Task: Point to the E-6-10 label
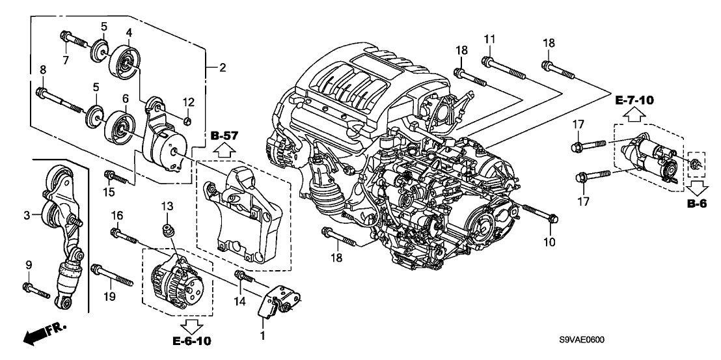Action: click(192, 340)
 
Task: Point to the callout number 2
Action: click(222, 67)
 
